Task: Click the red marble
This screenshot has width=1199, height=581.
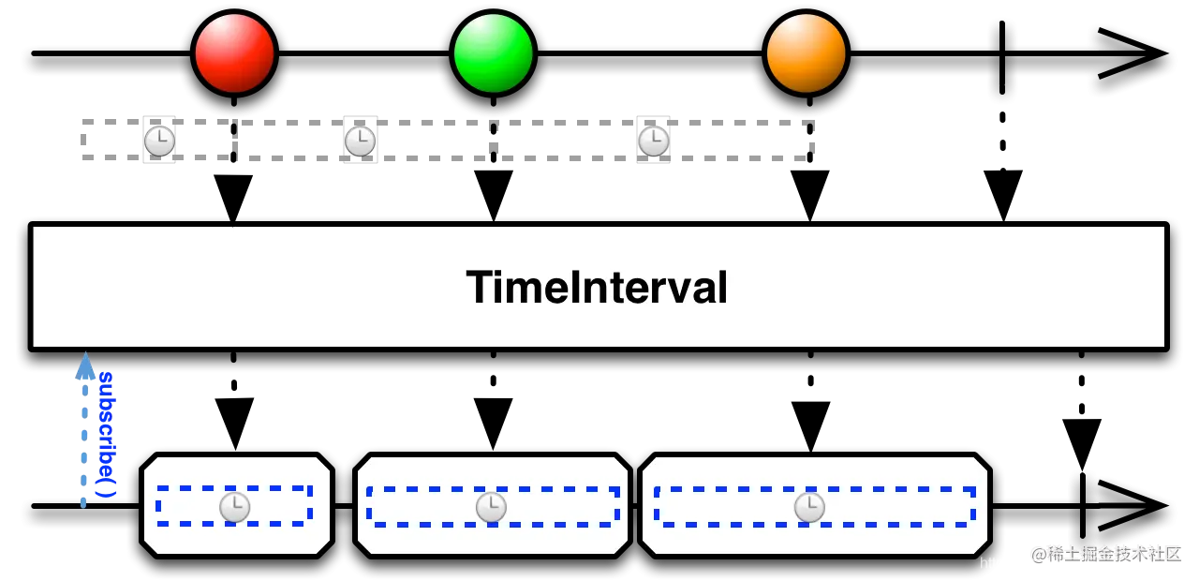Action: tap(234, 53)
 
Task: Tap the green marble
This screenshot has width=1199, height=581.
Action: tap(493, 53)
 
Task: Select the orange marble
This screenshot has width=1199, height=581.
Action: tap(806, 53)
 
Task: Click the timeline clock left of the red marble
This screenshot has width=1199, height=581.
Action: tap(159, 141)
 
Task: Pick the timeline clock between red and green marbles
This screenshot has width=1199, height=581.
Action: tap(360, 141)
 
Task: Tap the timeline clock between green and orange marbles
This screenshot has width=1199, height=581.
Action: tap(653, 141)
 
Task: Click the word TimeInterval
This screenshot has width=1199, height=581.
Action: tap(597, 287)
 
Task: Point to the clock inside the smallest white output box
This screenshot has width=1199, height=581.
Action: tap(234, 507)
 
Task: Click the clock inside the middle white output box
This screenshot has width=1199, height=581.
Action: tap(491, 507)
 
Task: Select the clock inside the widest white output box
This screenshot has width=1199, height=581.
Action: tap(809, 507)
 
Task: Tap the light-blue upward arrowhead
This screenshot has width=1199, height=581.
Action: tap(85, 366)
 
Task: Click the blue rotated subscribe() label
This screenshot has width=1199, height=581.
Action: tap(108, 433)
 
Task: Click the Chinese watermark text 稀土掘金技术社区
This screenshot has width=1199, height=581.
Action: tap(1105, 552)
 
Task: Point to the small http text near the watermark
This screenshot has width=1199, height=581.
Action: tap(991, 563)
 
